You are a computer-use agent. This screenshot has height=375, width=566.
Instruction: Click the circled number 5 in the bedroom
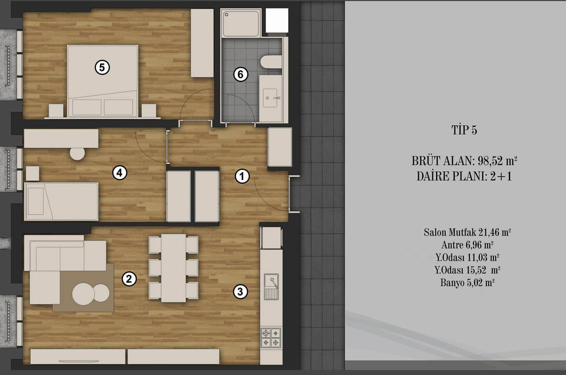pyautogui.click(x=102, y=67)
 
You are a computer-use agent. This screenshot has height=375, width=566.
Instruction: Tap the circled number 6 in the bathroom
pyautogui.click(x=240, y=75)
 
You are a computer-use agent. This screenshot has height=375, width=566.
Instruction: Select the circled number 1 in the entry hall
pyautogui.click(x=242, y=176)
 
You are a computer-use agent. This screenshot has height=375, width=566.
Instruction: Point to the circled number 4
pyautogui.click(x=120, y=173)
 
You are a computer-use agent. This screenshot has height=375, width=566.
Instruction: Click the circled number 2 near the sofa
pyautogui.click(x=129, y=279)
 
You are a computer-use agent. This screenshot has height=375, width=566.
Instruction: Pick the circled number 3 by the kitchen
pyautogui.click(x=240, y=292)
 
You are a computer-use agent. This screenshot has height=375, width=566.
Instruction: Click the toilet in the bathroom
pyautogui.click(x=271, y=62)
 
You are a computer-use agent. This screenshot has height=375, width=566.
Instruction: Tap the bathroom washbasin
pyautogui.click(x=270, y=98)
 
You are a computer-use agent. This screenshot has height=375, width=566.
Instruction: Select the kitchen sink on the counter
pyautogui.click(x=271, y=287)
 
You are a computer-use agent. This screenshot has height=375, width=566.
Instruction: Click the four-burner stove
pyautogui.click(x=271, y=337)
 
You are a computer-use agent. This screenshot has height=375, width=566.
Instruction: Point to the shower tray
pyautogui.click(x=241, y=23)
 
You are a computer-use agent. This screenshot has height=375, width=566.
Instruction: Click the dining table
pyautogui.click(x=173, y=268)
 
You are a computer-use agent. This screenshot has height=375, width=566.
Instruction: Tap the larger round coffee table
pyautogui.click(x=83, y=294)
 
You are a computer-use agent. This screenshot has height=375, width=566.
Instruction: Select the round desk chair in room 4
pyautogui.click(x=78, y=153)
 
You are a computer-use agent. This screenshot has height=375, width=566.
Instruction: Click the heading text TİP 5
pyautogui.click(x=464, y=130)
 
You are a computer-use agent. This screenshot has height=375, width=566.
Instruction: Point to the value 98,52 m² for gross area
pyautogui.click(x=497, y=161)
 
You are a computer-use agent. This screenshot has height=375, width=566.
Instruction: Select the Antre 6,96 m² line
pyautogui.click(x=468, y=245)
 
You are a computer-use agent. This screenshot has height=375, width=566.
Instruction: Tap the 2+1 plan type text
pyautogui.click(x=501, y=176)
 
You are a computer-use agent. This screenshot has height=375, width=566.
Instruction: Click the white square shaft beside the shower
pyautogui.click(x=277, y=20)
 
